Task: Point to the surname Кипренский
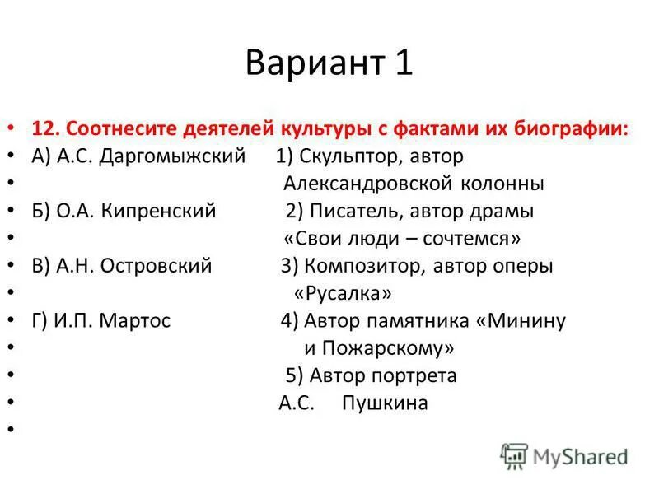click(x=159, y=212)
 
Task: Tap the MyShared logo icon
click(x=514, y=455)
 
